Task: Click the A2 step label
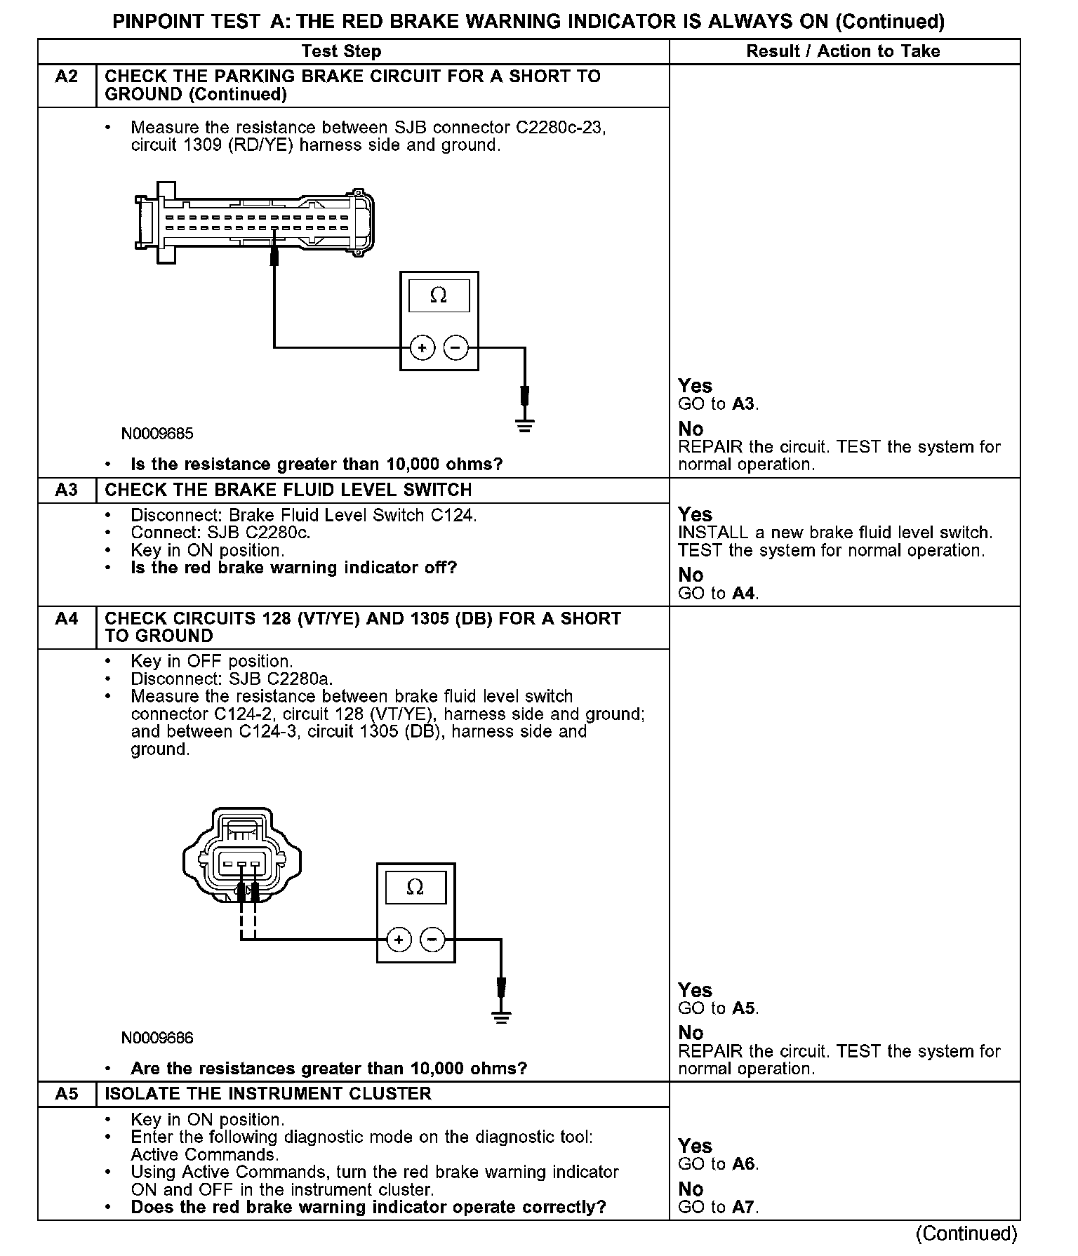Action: coord(67,76)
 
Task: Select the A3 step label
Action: coord(67,490)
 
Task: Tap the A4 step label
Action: coord(67,619)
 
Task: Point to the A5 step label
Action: coord(67,1094)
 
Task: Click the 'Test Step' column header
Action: coord(341,51)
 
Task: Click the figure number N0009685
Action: coord(157,434)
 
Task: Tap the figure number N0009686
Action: coord(157,1038)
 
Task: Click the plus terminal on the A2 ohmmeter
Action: coord(422,347)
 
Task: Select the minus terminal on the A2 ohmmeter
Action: coord(456,347)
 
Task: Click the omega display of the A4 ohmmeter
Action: coord(415,888)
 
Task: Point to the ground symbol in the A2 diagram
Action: coord(525,425)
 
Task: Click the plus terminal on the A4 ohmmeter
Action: coord(399,940)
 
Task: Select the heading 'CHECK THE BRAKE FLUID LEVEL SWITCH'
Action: coord(288,490)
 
